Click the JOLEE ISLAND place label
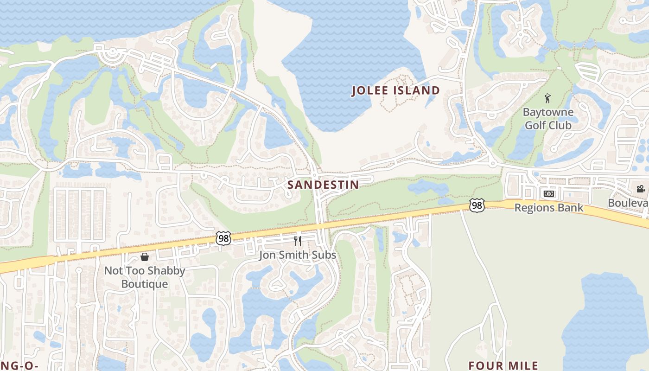(395, 90)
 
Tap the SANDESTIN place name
(323, 185)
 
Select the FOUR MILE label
(503, 365)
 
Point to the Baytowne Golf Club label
(548, 119)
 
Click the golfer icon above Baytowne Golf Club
(547, 98)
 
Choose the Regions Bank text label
(549, 208)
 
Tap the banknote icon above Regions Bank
(548, 194)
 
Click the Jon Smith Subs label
(297, 255)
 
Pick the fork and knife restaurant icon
(298, 241)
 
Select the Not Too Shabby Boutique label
(144, 277)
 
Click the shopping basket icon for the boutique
(145, 257)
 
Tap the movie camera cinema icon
(641, 189)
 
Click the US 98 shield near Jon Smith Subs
(223, 238)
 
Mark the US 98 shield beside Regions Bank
(477, 205)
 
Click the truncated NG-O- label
(19, 365)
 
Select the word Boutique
(144, 283)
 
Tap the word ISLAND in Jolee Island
(417, 90)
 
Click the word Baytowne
(548, 112)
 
